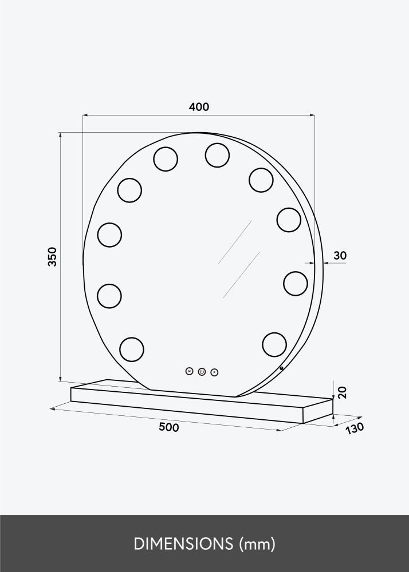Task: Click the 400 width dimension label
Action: point(199,107)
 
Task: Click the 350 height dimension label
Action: point(52,257)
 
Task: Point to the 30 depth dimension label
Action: point(340,256)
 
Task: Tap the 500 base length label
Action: point(169,427)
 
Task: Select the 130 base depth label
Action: point(355,427)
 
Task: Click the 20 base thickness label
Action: point(343,392)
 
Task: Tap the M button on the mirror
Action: point(190,371)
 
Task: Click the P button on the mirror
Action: point(214,372)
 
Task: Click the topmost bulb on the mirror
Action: point(217,154)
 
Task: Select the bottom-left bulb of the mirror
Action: point(131,348)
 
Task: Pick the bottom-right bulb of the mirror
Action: point(274,344)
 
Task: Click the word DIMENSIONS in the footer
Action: point(176,542)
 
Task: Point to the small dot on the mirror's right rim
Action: point(282,368)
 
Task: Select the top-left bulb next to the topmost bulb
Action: point(166,158)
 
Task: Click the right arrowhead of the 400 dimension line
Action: point(313,115)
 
